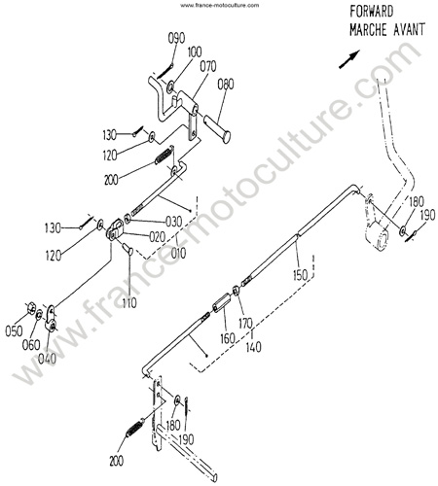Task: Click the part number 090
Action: coord(176,38)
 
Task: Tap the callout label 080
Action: coord(226,85)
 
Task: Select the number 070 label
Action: coord(208,66)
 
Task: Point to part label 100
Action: coord(195,52)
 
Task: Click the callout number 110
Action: coord(129,303)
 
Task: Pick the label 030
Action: coord(174,222)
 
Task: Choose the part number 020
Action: coord(158,237)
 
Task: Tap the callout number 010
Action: coord(178,253)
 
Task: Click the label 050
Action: coord(14,330)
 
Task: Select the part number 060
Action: coord(31,345)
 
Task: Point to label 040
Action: coord(47,359)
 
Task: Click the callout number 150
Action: coord(300,275)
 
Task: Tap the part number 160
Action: coord(228,338)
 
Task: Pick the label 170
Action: coord(245,323)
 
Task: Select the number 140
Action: coord(253,347)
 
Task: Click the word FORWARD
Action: coord(372,12)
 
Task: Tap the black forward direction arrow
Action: coord(349,59)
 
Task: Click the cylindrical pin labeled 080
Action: coord(218,129)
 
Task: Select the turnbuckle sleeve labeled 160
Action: coord(221,302)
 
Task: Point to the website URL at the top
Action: coord(220,5)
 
